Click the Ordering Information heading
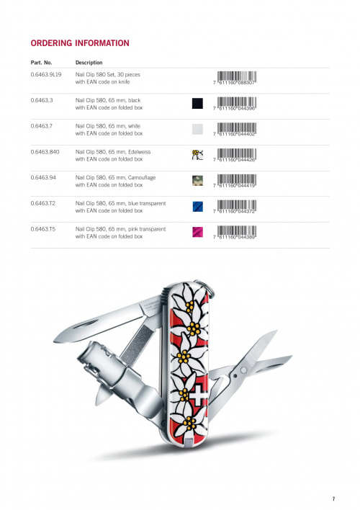[80, 43]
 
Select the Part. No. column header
[41, 63]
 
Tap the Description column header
[89, 63]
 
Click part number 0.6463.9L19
[46, 74]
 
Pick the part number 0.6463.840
[45, 152]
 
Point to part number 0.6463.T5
[43, 229]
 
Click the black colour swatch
[197, 104]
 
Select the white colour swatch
[197, 129]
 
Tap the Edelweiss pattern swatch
[197, 155]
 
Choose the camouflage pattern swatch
[197, 181]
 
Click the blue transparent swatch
[197, 206]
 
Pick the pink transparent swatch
[197, 232]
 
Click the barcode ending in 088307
[235, 78]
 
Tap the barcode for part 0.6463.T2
[235, 207]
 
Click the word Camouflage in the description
[142, 178]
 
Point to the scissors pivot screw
[243, 370]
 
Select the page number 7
[333, 498]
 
